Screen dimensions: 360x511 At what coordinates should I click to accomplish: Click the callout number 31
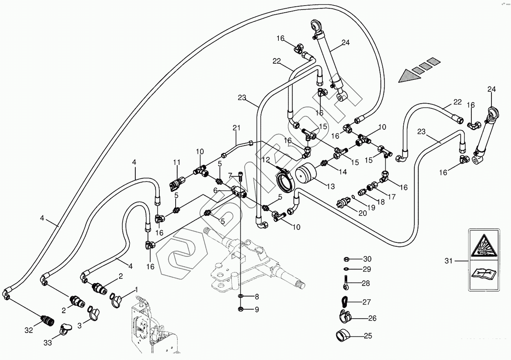tap(449, 261)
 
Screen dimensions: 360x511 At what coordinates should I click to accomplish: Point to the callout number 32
tap(29, 330)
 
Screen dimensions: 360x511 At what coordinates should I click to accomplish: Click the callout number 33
tap(48, 343)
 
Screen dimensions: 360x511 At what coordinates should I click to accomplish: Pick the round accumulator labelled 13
tap(307, 174)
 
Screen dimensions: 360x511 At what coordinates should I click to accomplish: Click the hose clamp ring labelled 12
tap(286, 181)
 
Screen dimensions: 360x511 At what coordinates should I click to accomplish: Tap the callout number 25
tap(368, 336)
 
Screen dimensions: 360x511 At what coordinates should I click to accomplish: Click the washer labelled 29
tap(346, 269)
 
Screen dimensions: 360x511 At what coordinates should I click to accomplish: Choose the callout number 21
tap(237, 128)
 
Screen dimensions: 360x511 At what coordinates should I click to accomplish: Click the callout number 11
tap(177, 162)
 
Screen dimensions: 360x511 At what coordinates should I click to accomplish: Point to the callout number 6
tap(215, 190)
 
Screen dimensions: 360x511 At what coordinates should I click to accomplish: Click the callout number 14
tap(343, 172)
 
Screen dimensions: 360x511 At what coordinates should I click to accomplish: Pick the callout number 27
tap(366, 302)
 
